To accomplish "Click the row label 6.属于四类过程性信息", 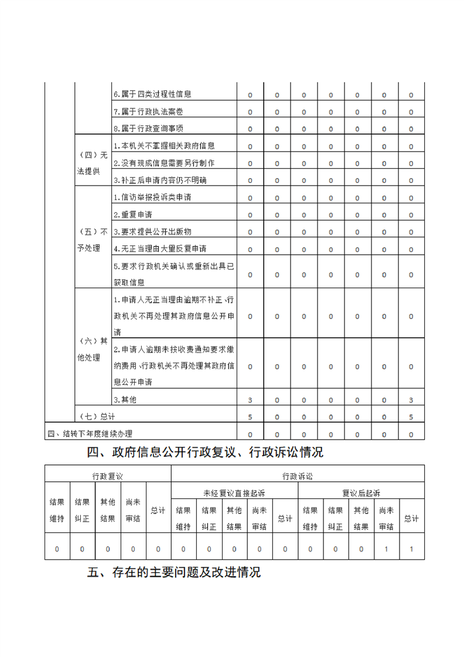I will (x=152, y=94).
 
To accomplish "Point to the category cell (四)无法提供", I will (x=93, y=163).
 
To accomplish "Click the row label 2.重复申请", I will (x=132, y=214).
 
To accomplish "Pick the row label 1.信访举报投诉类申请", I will (x=152, y=197).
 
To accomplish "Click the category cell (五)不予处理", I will (x=93, y=239).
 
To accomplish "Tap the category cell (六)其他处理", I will (x=93, y=349).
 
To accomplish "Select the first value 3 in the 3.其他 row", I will (x=250, y=400).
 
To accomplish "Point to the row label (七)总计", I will (x=97, y=417).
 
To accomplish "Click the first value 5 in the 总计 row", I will (x=250, y=417).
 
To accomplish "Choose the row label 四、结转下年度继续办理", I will (x=90, y=434).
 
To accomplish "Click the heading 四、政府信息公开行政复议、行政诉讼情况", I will (x=205, y=452).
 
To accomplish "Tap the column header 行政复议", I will (x=108, y=475).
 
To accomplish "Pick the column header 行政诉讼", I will (x=298, y=475).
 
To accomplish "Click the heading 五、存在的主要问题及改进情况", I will (x=174, y=573).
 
